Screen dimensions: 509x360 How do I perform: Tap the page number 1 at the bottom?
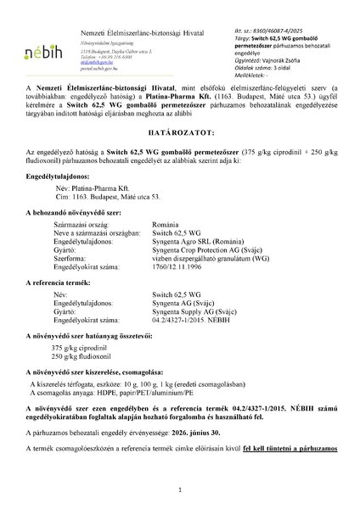pos(180,489)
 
